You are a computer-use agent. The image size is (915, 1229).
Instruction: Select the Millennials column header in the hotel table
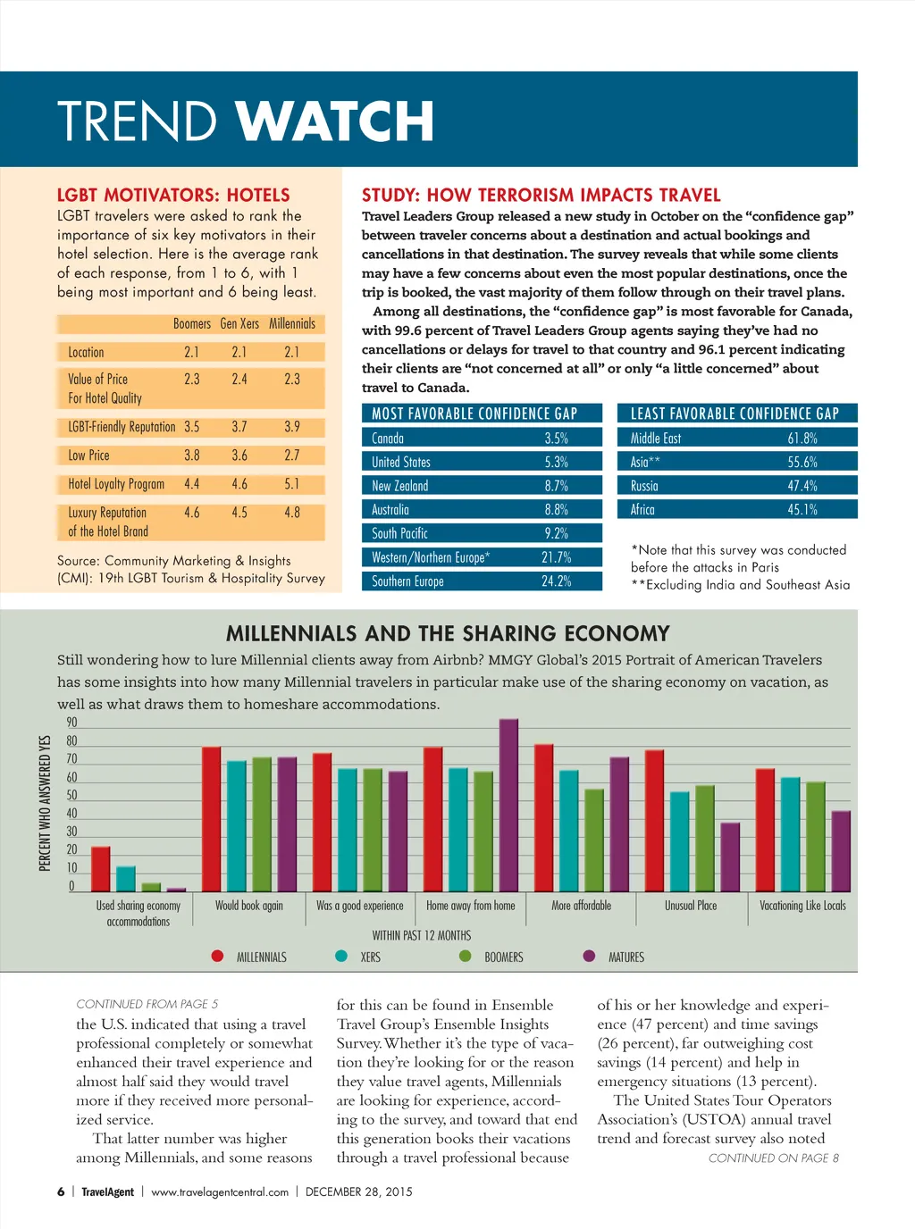(292, 323)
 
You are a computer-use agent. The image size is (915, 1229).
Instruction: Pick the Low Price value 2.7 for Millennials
(292, 456)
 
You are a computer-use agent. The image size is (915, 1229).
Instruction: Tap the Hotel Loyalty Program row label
(116, 484)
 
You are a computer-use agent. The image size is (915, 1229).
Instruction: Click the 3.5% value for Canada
(556, 439)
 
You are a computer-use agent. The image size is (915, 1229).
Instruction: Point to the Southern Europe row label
(407, 581)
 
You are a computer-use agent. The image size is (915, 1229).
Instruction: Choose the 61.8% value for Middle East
(802, 439)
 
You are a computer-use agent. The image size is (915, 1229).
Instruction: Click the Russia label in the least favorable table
(644, 486)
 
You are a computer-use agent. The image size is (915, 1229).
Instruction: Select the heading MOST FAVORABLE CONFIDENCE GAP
(474, 414)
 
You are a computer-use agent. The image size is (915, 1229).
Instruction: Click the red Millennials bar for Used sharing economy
(101, 869)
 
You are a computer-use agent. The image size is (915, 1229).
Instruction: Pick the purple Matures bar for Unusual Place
(730, 857)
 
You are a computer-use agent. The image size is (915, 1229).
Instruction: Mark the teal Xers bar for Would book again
(236, 826)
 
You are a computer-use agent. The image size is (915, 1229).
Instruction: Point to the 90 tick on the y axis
(71, 723)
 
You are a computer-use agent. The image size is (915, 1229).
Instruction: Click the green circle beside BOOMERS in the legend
(465, 956)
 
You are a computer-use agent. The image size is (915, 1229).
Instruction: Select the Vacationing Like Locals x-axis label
(802, 906)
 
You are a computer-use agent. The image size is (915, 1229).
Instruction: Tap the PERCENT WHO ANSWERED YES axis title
(45, 803)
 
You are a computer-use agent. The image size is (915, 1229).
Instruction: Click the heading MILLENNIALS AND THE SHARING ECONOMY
(448, 634)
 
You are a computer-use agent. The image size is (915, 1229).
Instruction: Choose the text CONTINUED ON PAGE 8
(773, 1158)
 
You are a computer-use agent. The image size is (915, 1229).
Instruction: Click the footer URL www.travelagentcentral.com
(220, 1191)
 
